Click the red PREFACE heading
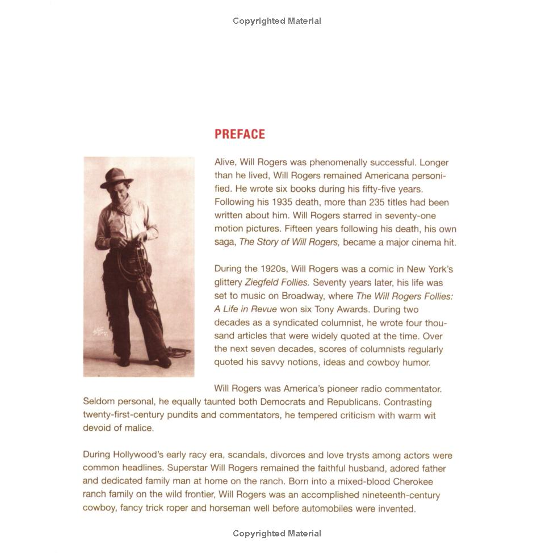click(x=240, y=135)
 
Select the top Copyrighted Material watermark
click(x=277, y=21)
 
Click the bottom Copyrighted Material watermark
click(x=277, y=534)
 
